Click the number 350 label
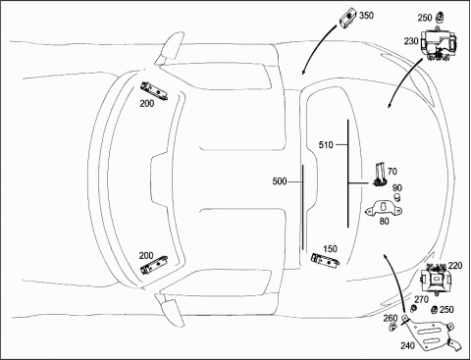(x=366, y=16)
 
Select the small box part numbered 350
(x=348, y=18)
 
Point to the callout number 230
(x=411, y=41)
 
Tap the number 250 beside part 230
(x=425, y=18)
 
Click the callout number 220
(x=455, y=266)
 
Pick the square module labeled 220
(x=436, y=279)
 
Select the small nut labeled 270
(x=413, y=308)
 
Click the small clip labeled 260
(x=392, y=327)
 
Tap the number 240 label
(x=407, y=345)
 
